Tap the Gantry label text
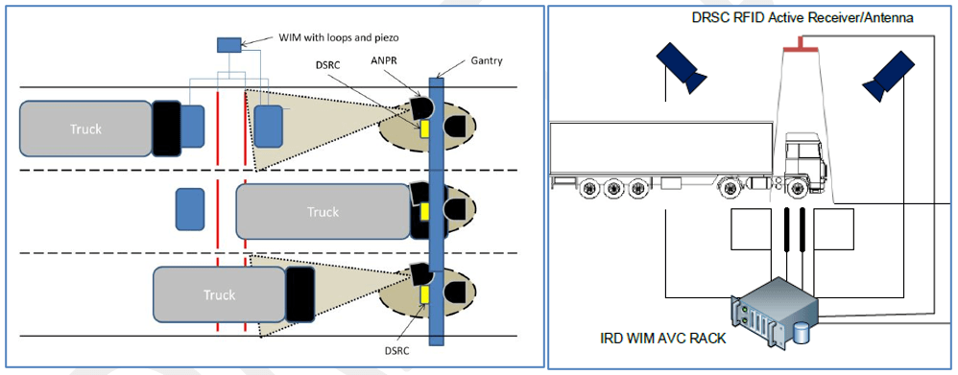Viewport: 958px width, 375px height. [487, 61]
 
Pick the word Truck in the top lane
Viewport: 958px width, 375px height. [85, 129]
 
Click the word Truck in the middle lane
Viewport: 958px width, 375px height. [323, 212]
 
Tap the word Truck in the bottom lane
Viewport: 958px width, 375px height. [219, 295]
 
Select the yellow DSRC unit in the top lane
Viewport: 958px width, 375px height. [424, 129]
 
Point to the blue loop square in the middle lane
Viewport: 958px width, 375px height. [190, 209]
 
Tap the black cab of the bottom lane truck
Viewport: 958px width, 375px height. [300, 294]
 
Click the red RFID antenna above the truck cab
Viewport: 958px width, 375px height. [801, 44]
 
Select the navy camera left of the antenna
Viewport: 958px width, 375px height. [681, 67]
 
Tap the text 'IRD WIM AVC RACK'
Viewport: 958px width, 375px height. [664, 338]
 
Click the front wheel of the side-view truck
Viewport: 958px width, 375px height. [796, 188]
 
